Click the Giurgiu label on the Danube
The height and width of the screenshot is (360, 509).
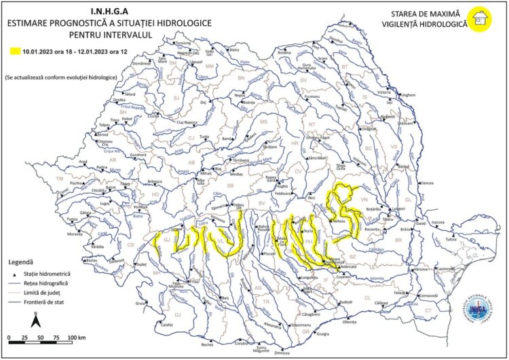point(323,334)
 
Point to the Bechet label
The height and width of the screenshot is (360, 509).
point(207,344)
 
